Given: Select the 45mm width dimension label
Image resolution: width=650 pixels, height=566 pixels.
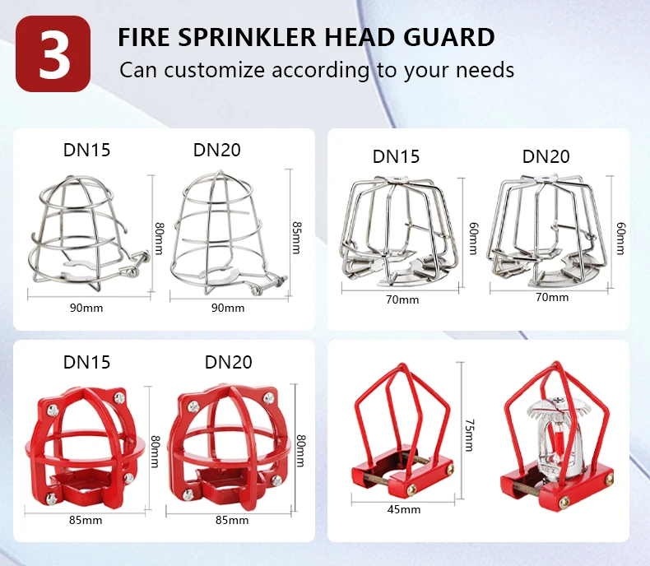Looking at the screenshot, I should coord(404,509).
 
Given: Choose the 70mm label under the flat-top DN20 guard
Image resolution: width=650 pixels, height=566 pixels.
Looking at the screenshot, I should coord(551,297).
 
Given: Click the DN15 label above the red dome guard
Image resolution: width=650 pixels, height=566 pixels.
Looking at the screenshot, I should coord(86,362).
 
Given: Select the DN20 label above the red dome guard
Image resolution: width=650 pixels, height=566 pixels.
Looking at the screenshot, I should coord(228,362).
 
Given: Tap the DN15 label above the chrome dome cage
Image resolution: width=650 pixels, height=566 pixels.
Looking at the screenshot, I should coord(86,150).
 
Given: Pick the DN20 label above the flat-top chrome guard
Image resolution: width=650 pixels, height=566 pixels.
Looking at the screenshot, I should coord(546,156).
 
